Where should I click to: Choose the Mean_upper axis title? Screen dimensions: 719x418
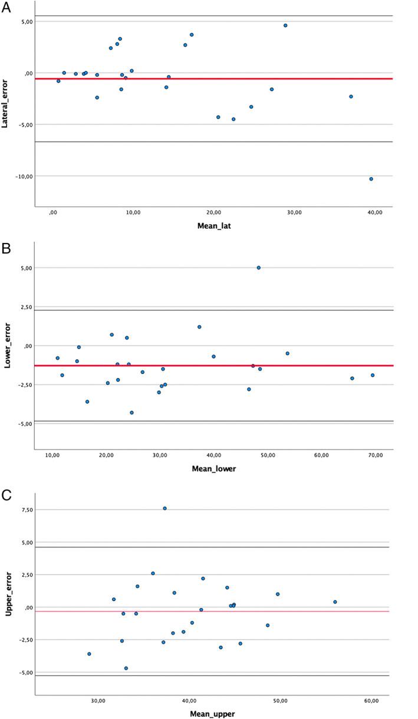pyautogui.click(x=212, y=714)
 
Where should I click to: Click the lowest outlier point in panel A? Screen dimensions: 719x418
pyautogui.click(x=371, y=179)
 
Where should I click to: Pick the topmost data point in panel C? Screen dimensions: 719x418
pyautogui.click(x=165, y=508)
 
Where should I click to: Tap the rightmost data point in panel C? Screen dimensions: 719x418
pyautogui.click(x=335, y=602)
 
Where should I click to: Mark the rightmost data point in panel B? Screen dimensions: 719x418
pyautogui.click(x=373, y=375)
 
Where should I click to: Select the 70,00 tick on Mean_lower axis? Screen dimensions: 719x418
pyautogui.click(x=376, y=455)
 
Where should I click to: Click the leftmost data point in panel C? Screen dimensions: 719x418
pyautogui.click(x=89, y=654)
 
